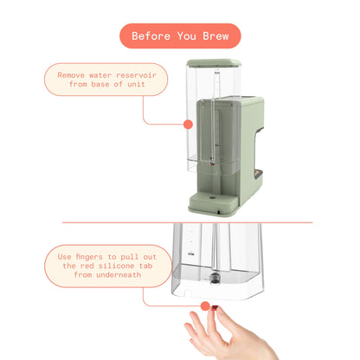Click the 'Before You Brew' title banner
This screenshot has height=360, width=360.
tap(179, 36)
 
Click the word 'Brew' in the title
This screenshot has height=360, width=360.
tap(218, 36)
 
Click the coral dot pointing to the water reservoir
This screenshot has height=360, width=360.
tap(188, 125)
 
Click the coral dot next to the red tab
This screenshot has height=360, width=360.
tap(205, 305)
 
